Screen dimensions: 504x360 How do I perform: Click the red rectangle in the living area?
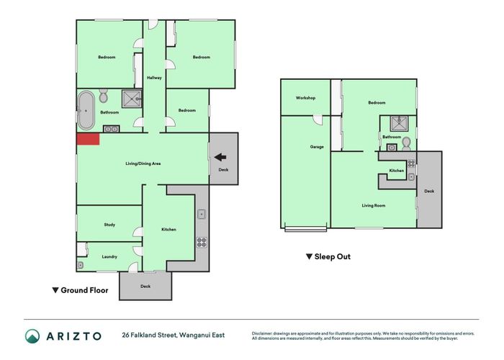pyautogui.click(x=88, y=139)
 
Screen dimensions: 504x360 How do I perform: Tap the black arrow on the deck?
pyautogui.click(x=220, y=157)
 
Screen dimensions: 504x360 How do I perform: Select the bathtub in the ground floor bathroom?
pyautogui.click(x=86, y=110)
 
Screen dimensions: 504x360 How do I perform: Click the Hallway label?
pyautogui.click(x=154, y=78)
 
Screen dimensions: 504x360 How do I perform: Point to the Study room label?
pyautogui.click(x=109, y=225)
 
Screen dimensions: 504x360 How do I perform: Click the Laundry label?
pyautogui.click(x=109, y=257)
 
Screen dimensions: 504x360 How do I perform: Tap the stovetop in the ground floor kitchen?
pyautogui.click(x=202, y=243)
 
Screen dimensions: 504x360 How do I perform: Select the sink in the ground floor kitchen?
pyautogui.click(x=202, y=214)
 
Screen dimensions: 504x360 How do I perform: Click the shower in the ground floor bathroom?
pyautogui.click(x=132, y=99)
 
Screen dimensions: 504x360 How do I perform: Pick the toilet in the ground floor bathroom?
pyautogui.click(x=103, y=96)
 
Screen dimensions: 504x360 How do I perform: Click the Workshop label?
pyautogui.click(x=305, y=98)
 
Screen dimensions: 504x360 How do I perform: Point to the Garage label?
pyautogui.click(x=317, y=147)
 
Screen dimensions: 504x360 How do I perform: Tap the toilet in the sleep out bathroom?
pyautogui.click(x=407, y=144)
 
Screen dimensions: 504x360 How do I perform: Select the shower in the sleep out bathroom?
pyautogui.click(x=399, y=123)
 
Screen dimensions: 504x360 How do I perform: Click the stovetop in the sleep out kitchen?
pyautogui.click(x=411, y=163)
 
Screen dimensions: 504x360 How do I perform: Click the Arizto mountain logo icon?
pyautogui.click(x=32, y=336)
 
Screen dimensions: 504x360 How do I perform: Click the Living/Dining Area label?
pyautogui.click(x=143, y=163)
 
